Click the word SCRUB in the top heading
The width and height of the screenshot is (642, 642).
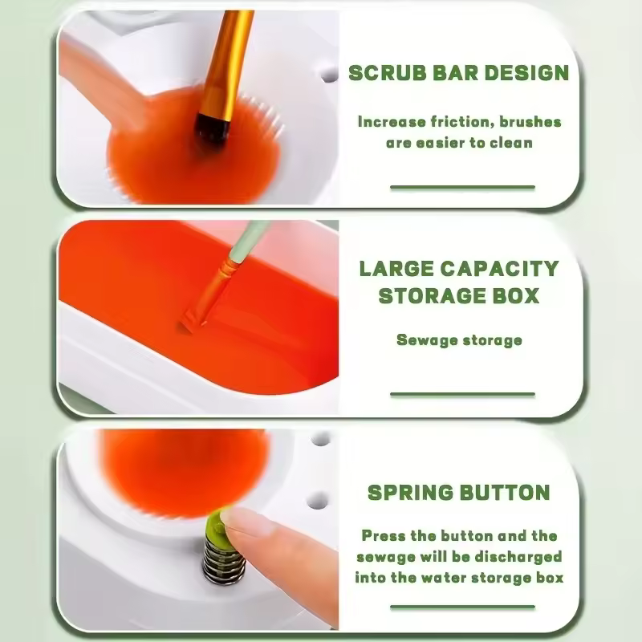tap(382, 73)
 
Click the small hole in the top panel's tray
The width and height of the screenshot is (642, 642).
tap(329, 75)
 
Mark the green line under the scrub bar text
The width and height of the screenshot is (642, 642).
tap(462, 187)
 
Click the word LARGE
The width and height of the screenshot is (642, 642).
tap(392, 267)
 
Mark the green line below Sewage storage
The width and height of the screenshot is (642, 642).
tap(462, 394)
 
